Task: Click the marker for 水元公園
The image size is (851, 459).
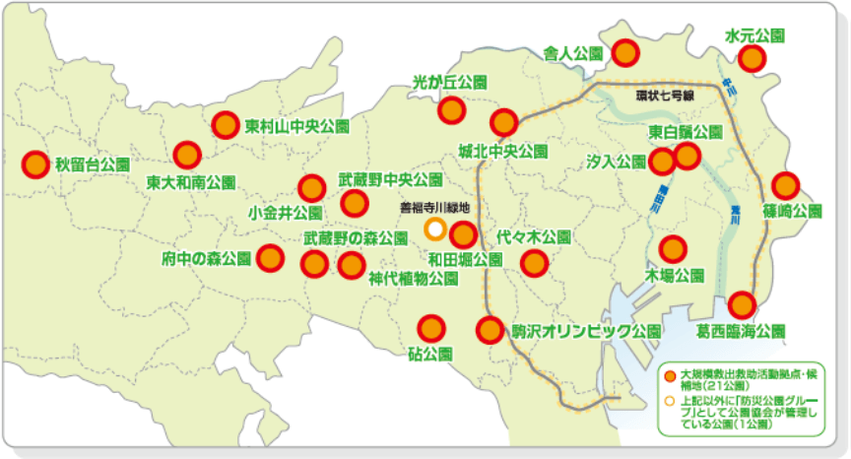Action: click(754, 58)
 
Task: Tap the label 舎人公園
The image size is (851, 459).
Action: click(572, 53)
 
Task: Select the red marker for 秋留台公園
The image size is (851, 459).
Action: click(35, 164)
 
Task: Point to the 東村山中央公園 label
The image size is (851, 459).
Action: click(297, 126)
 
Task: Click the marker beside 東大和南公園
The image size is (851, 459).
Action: click(187, 155)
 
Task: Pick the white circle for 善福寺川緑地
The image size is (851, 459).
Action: click(434, 229)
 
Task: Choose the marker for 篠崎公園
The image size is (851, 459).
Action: click(785, 185)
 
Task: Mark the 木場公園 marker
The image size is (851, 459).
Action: click(673, 249)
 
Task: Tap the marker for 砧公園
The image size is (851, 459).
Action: click(429, 327)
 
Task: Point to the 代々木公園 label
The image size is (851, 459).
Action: click(533, 237)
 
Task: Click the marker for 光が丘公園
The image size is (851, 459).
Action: click(452, 109)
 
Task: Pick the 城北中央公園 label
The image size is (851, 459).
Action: click(502, 152)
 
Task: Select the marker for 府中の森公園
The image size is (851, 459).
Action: click(271, 258)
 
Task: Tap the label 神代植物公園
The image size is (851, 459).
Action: click(413, 279)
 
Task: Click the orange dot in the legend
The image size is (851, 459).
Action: click(670, 376)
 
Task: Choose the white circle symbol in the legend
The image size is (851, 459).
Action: click(670, 402)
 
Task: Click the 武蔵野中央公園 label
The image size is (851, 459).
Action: click(390, 180)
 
